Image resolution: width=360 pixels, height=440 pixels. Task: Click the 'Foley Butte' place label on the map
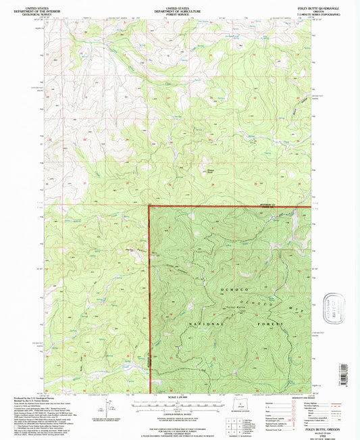coord(234,308)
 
